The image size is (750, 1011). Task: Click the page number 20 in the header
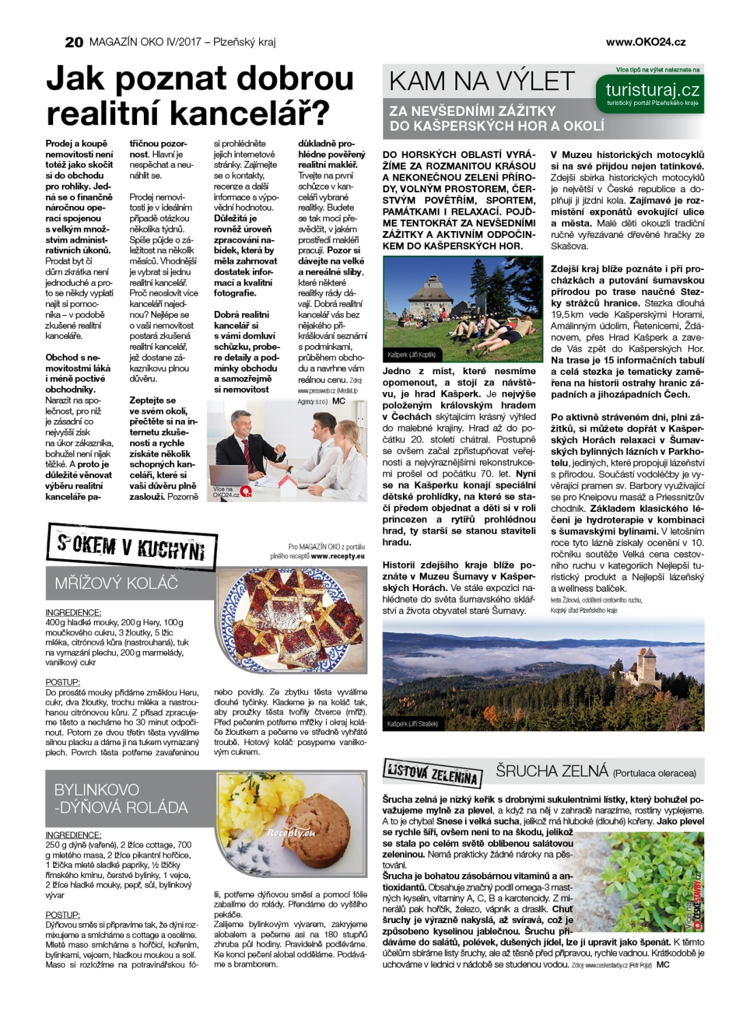point(74,42)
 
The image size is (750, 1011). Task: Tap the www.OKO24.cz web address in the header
point(645,42)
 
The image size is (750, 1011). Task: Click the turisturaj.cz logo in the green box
point(652,90)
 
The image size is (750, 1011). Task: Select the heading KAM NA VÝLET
point(482,82)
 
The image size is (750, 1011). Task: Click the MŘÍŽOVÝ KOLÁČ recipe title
point(117,583)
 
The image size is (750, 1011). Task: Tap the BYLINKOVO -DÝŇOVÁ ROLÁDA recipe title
point(121,798)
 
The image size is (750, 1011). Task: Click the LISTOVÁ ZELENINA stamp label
point(432,773)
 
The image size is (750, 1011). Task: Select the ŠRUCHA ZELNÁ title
point(552,771)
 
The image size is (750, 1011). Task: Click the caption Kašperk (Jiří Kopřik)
point(411,355)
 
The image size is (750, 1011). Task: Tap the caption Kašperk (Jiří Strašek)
point(412,723)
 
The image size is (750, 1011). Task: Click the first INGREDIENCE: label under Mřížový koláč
point(73,612)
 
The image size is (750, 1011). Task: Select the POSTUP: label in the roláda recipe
point(63,915)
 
